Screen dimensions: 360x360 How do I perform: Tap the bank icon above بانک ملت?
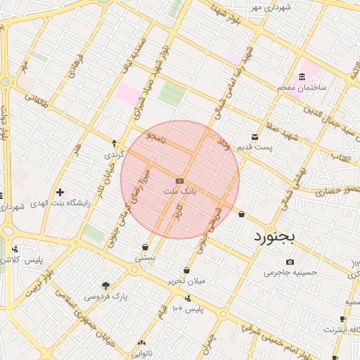[x=180, y=180]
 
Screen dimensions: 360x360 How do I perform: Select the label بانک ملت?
[x=180, y=191]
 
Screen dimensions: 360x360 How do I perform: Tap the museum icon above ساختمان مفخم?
[x=302, y=77]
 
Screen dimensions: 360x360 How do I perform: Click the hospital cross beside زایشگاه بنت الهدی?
[x=60, y=192]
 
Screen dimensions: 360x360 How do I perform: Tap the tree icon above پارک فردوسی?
[x=106, y=285]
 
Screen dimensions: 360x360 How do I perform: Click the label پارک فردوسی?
[x=106, y=296]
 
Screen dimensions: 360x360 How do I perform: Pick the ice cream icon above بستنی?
[x=146, y=247]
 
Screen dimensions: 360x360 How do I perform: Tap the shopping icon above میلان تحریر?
[x=186, y=270]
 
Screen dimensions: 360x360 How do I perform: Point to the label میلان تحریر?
[x=186, y=281]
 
